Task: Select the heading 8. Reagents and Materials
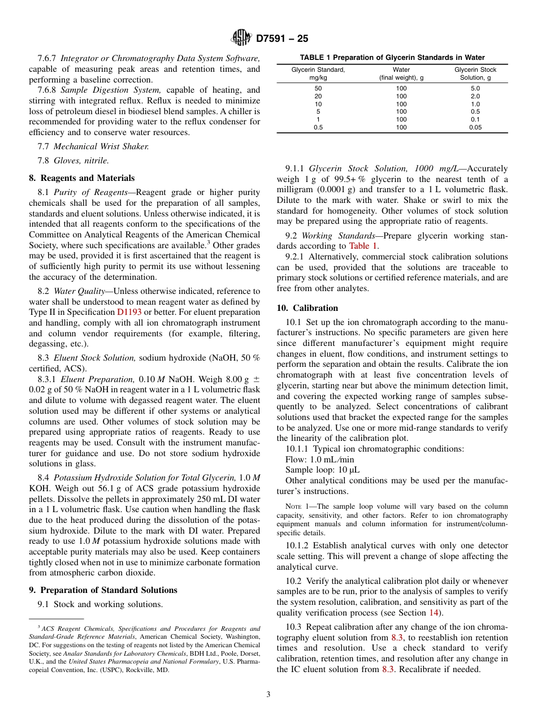[x=81, y=177]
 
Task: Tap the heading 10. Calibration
[x=308, y=307]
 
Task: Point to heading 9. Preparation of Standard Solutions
[x=103, y=590]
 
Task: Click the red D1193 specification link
[x=129, y=312]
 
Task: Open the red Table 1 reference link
[x=363, y=246]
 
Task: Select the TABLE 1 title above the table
[x=392, y=58]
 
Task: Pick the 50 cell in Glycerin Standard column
[x=318, y=88]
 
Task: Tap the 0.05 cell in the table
[x=475, y=128]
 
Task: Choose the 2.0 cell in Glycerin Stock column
[x=475, y=96]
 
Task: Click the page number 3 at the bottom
[x=268, y=694]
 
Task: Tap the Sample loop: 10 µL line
[x=322, y=470]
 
